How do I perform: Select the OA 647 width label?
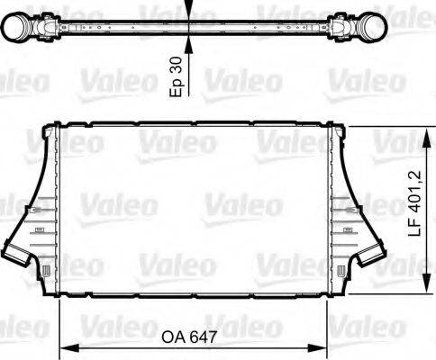click(191, 339)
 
